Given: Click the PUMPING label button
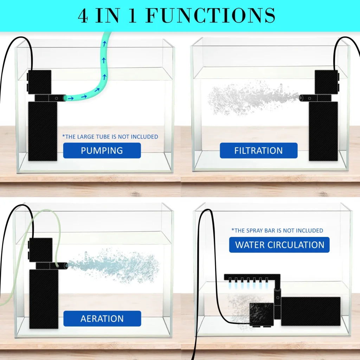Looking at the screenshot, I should (102, 150).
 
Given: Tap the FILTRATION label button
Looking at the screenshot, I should (258, 150).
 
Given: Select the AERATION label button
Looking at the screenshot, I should (102, 319).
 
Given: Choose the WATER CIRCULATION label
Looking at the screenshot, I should (279, 245).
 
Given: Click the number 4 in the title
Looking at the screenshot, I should (83, 16).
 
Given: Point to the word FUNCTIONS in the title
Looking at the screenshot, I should (210, 16).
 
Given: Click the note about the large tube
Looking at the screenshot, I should (110, 136).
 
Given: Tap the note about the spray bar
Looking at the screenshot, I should (277, 230).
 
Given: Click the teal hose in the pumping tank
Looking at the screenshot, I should (101, 81).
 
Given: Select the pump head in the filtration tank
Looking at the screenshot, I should (326, 82).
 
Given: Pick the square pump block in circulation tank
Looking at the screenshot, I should (262, 314).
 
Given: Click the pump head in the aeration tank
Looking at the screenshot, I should (40, 250).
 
